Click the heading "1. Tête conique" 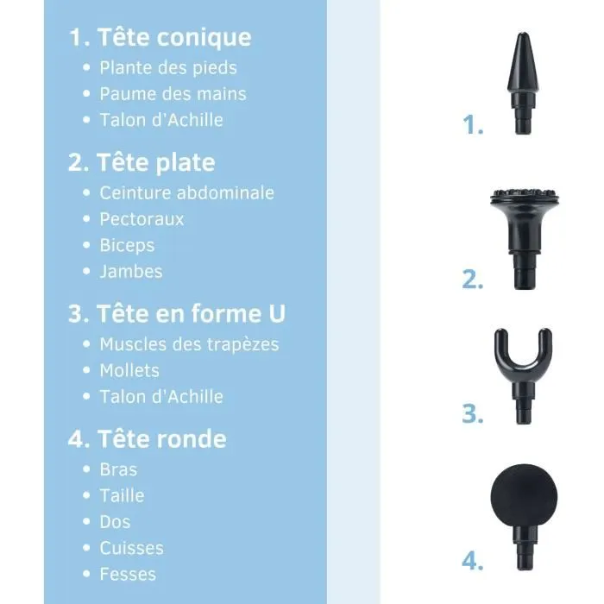[160, 38]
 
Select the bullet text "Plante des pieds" [168, 67]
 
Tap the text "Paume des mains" [173, 93]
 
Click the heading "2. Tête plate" [142, 163]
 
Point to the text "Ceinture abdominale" [186, 192]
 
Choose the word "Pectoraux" [142, 218]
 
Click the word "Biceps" [127, 245]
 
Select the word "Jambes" [131, 271]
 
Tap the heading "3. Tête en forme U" [176, 313]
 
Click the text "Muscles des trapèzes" [189, 344]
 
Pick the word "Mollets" [129, 370]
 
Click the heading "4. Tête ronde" [147, 439]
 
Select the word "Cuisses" [131, 548]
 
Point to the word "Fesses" [128, 574]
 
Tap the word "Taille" [122, 495]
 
